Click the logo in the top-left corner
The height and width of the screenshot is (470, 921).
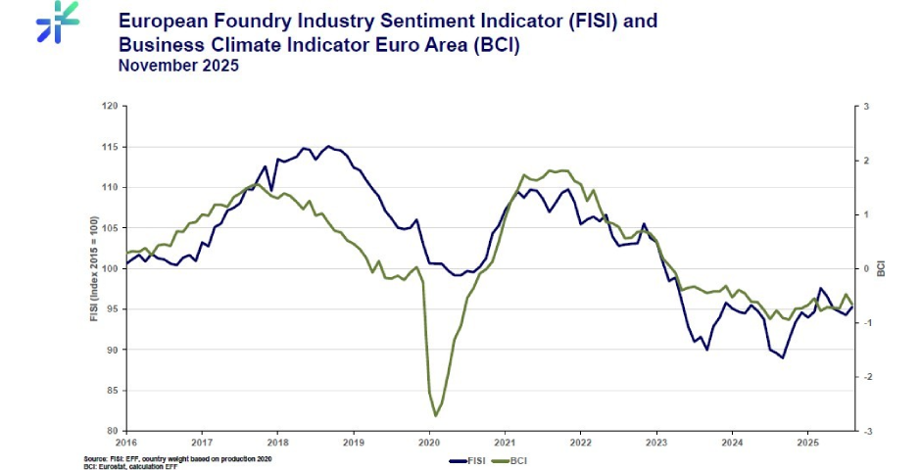(57, 22)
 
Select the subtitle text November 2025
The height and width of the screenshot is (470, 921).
(177, 66)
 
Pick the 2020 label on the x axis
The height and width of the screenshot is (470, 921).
(429, 443)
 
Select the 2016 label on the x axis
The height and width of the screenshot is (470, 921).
(126, 443)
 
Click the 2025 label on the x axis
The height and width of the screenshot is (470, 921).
(807, 443)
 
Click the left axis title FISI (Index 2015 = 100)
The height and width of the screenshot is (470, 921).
(94, 268)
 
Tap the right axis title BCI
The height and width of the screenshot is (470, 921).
(882, 268)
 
